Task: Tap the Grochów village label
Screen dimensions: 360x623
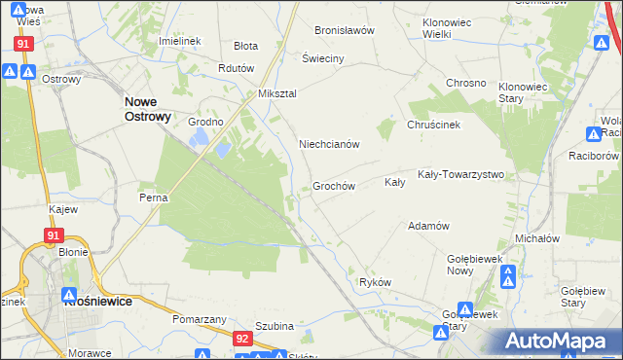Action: tap(333, 186)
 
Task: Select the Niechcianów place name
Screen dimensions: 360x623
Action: tap(329, 144)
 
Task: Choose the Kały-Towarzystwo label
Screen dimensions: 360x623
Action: tap(459, 175)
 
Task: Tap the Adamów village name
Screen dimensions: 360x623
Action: tap(428, 226)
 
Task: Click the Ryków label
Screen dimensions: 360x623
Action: tap(375, 282)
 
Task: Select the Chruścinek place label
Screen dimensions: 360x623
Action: tap(433, 125)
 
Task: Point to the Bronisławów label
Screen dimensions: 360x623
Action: tap(345, 30)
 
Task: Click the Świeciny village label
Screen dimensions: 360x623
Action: tap(323, 58)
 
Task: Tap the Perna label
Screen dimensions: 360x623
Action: tap(154, 198)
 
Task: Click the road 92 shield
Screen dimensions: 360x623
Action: tap(242, 338)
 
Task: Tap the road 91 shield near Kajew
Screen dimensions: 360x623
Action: tap(55, 235)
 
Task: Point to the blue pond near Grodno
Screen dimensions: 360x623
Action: tap(223, 150)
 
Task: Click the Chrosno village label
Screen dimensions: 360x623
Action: tap(465, 83)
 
